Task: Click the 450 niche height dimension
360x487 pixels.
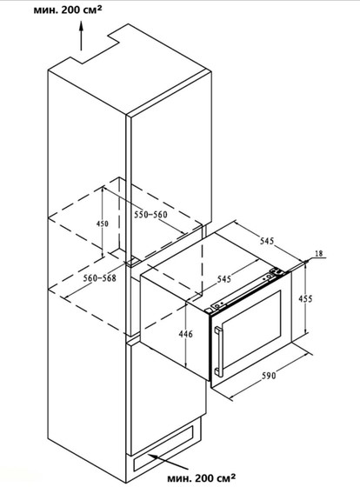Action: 103,223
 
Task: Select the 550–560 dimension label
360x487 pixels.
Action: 150,214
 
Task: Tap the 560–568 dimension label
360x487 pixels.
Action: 99,277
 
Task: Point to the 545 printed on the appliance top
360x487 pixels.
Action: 224,279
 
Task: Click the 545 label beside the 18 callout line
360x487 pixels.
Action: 267,240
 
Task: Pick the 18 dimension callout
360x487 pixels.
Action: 318,253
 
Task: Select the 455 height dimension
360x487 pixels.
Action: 305,298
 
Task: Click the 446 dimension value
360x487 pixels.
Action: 185,334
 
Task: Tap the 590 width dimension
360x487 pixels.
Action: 268,376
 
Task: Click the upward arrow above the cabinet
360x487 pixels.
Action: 82,36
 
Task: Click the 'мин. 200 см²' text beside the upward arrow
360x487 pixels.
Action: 68,10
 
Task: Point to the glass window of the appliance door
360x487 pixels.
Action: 252,330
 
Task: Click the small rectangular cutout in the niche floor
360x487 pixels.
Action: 134,261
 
